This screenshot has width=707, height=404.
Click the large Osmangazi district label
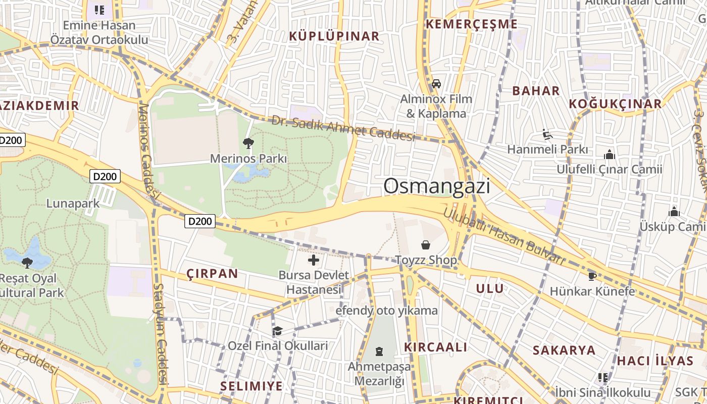(437, 186)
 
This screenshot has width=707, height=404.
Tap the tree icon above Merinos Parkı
(248, 143)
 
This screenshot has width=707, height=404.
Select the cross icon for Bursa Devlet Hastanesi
(314, 261)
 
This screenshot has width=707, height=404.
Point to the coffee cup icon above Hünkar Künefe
(592, 276)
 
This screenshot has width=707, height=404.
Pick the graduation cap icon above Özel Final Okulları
(277, 331)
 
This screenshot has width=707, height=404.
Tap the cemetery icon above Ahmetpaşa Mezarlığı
(379, 351)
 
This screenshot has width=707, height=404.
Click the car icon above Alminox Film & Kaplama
(436, 84)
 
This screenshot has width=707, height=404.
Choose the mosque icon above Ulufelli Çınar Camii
(610, 155)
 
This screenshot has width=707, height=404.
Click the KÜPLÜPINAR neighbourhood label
(334, 36)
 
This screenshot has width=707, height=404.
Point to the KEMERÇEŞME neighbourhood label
(472, 24)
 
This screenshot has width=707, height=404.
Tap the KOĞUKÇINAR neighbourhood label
(615, 104)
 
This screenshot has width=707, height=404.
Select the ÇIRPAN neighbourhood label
(212, 274)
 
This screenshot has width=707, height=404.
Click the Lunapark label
(73, 204)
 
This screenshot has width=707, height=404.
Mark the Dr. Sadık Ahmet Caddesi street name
(343, 128)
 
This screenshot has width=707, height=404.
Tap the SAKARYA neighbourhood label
(564, 350)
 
